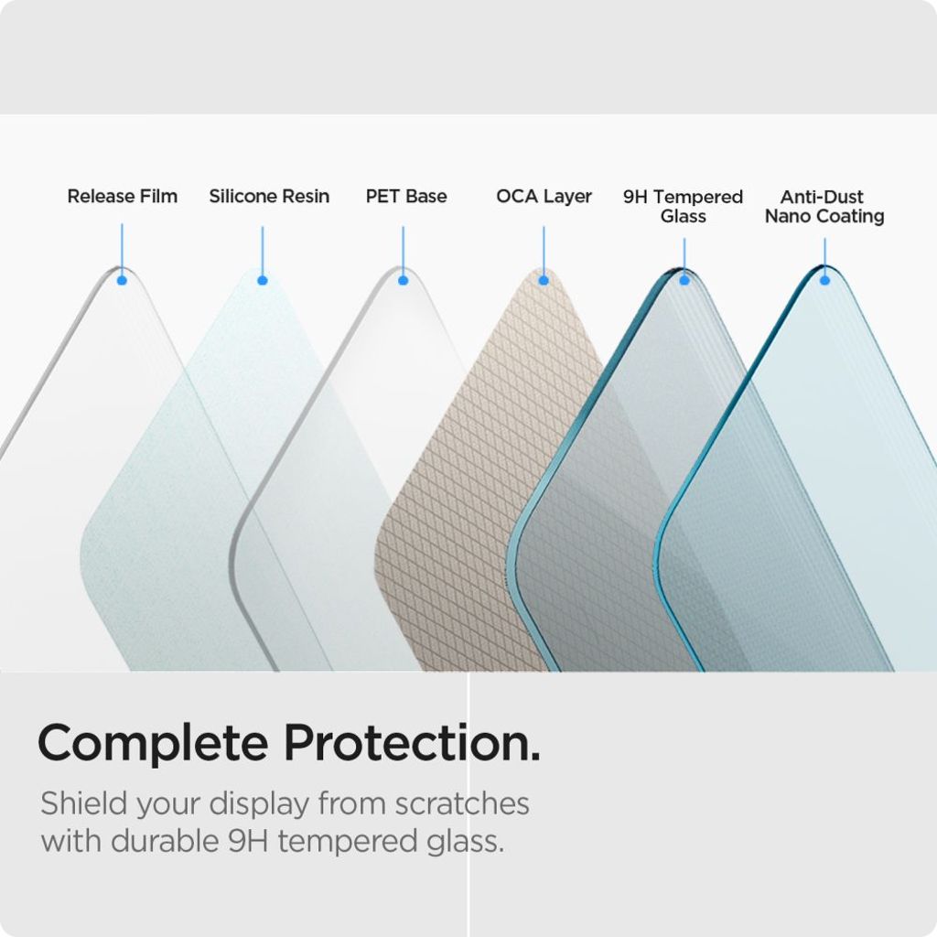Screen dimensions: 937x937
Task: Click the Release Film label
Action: [x=122, y=196]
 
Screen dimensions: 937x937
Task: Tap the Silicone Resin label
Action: [x=269, y=196]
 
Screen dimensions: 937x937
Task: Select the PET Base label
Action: [x=406, y=196]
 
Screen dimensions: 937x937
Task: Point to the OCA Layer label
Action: [x=544, y=196]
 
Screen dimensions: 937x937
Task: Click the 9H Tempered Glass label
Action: [x=683, y=206]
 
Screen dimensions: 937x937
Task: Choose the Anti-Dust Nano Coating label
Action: [x=824, y=206]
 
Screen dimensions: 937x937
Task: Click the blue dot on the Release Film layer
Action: [x=122, y=280]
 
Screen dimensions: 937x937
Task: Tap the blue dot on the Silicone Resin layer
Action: [x=263, y=280]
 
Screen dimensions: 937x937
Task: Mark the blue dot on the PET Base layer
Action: [x=403, y=280]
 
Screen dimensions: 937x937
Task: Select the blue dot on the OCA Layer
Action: [x=544, y=280]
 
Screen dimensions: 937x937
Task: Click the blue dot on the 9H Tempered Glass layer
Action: [x=684, y=280]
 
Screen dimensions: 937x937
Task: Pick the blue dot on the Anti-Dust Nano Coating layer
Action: [x=824, y=280]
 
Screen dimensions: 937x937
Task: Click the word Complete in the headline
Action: [x=152, y=743]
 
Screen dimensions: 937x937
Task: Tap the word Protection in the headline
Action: [x=410, y=743]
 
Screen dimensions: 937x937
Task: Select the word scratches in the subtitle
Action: [x=462, y=803]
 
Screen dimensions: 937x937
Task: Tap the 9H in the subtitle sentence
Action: [x=248, y=841]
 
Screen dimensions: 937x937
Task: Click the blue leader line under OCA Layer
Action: [x=544, y=249]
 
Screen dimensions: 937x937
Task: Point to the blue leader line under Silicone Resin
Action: [x=263, y=249]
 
